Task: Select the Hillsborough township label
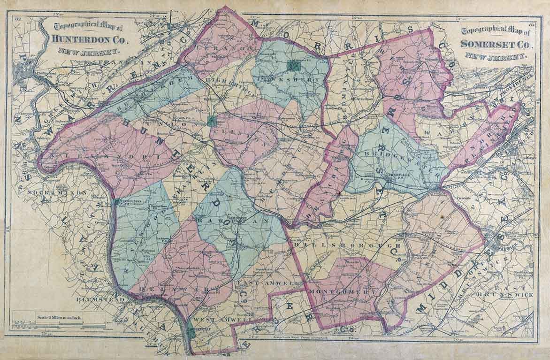[x=348, y=245]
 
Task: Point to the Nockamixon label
[x=64, y=192]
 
